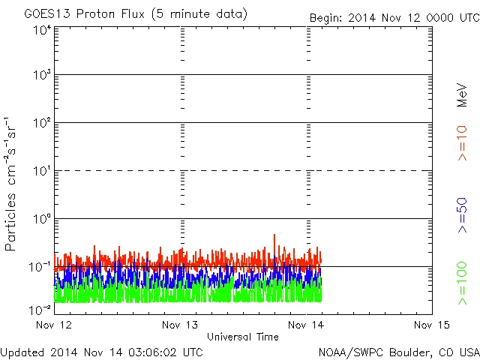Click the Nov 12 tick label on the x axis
[55, 325]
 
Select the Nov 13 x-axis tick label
[181, 325]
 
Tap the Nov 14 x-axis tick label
[307, 325]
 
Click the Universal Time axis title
[243, 337]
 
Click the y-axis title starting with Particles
[12, 184]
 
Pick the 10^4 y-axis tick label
[42, 31]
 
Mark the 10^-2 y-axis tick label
[40, 309]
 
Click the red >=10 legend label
[463, 143]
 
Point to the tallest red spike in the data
[274, 235]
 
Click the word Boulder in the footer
[405, 351]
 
